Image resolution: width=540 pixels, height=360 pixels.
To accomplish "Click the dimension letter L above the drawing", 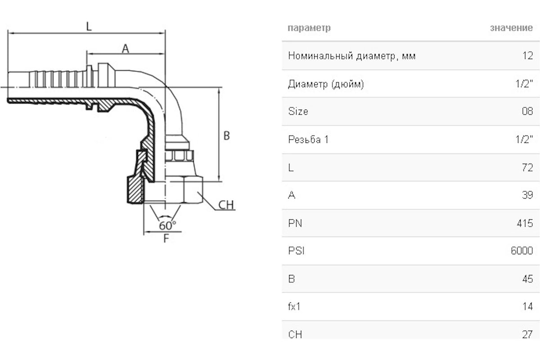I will (89, 27).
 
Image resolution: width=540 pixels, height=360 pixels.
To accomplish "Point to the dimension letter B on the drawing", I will (227, 135).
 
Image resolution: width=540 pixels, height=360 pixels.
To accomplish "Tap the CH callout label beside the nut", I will (226, 205).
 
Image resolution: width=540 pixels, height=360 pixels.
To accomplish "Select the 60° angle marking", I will (167, 225).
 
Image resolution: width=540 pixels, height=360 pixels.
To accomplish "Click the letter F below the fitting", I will (166, 238).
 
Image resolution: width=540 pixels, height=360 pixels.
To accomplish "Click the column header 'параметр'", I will (309, 28).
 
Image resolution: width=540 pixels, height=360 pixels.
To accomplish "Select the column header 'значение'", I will (511, 28).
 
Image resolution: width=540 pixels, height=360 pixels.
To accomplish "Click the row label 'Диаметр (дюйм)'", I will (326, 84).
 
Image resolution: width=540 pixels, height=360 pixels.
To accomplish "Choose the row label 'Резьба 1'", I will (308, 139).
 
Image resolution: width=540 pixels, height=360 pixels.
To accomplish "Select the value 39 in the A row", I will (527, 195).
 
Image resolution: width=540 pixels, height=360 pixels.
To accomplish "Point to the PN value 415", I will (525, 223).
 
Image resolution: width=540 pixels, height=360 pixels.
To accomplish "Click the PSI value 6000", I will (522, 251).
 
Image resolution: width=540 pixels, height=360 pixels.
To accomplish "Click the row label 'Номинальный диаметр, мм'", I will (351, 56).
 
